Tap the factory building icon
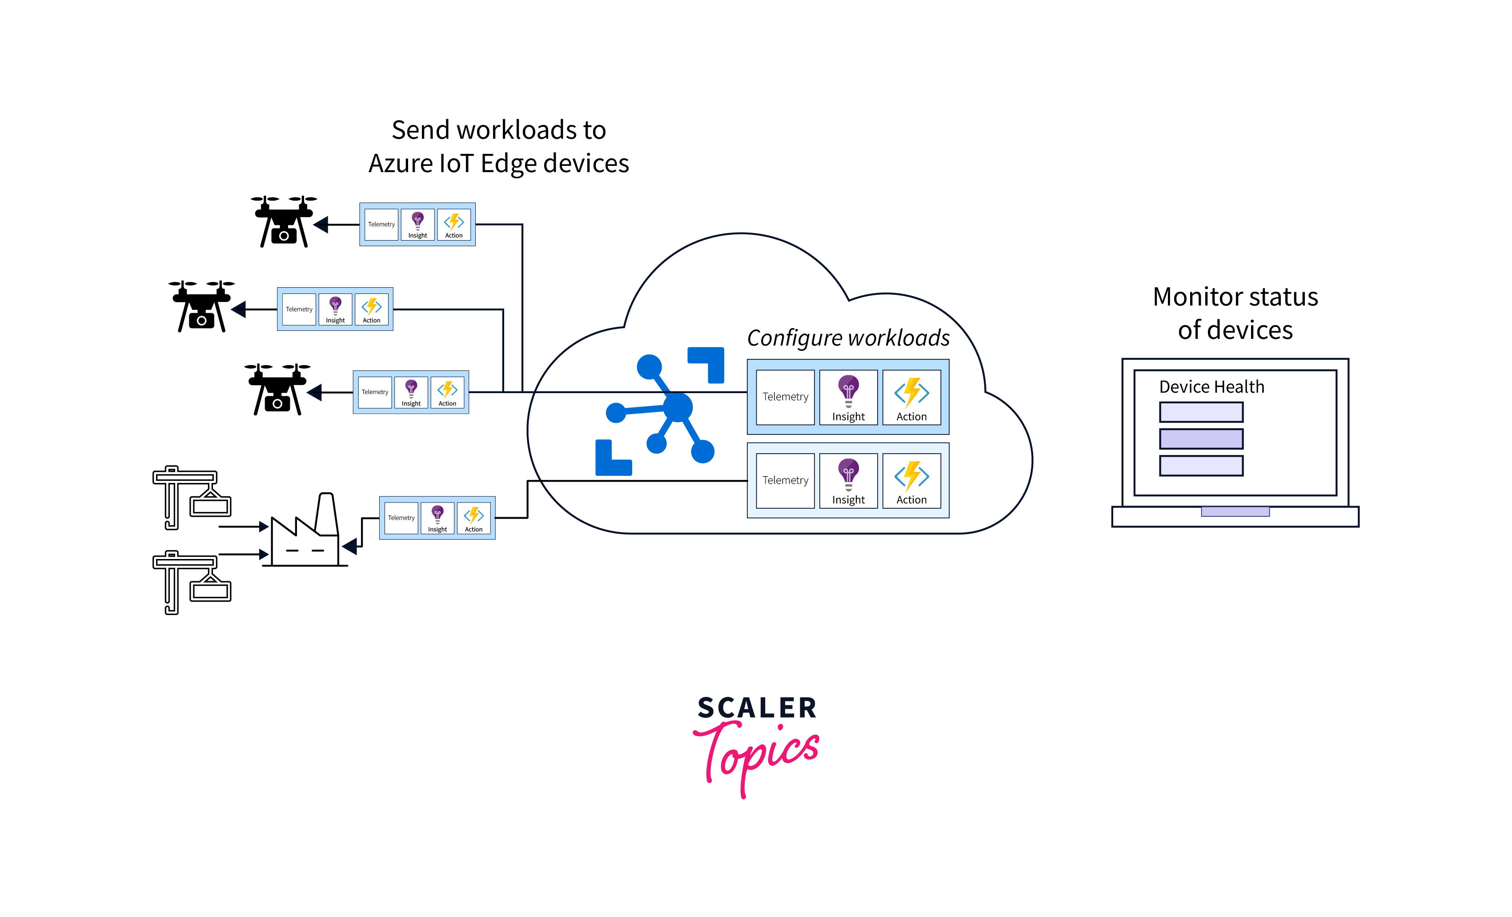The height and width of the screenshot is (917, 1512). coord(305,534)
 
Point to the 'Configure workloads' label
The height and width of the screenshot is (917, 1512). coord(848,338)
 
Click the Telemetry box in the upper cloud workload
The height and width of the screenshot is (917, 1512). coord(785,397)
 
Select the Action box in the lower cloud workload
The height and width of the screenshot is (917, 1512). coord(911,481)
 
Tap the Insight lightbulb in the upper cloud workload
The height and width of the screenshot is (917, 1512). coord(848,389)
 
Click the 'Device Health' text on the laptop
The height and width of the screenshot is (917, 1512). coord(1211,387)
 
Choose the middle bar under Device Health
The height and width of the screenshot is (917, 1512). coord(1201,439)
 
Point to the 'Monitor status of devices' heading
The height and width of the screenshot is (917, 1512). coord(1235,313)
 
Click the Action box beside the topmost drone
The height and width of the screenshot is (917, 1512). coord(454,225)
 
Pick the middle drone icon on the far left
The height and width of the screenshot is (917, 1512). coord(201,306)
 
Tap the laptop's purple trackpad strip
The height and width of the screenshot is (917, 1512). coord(1235,511)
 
